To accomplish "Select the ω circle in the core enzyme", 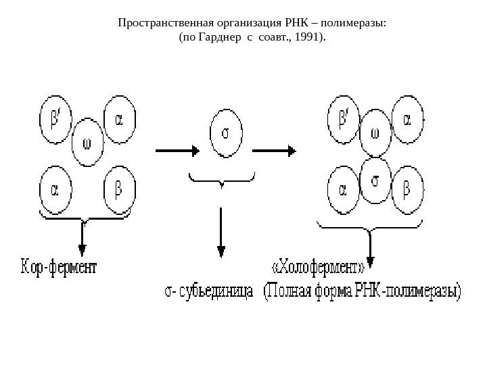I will tap(87, 143).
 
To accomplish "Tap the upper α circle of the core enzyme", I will tap(119, 121).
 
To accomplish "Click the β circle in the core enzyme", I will tap(120, 189).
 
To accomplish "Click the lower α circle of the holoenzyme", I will tap(343, 190).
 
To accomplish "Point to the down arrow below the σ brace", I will tap(221, 233).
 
